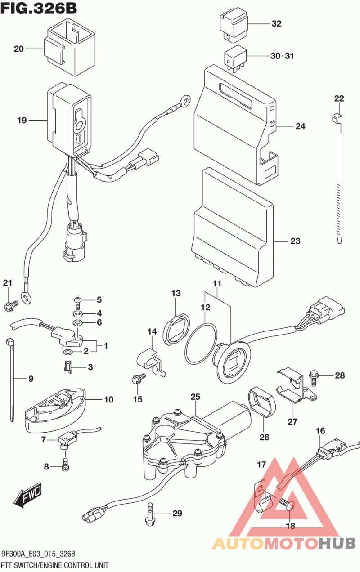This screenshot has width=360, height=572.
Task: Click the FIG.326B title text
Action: pyautogui.click(x=39, y=8)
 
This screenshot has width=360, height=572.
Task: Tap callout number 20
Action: pyautogui.click(x=18, y=49)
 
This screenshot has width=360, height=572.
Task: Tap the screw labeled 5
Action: pyautogui.click(x=77, y=300)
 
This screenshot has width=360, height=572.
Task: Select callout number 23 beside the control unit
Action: pyautogui.click(x=295, y=241)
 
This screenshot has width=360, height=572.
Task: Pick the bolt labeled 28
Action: pyautogui.click(x=315, y=375)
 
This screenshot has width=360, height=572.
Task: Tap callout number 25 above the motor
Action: pyautogui.click(x=195, y=397)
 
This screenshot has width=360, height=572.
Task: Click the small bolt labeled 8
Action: pyautogui.click(x=65, y=466)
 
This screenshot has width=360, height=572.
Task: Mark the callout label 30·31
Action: pyautogui.click(x=282, y=56)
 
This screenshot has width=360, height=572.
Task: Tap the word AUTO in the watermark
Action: pyautogui.click(x=236, y=543)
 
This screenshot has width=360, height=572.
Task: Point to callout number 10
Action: pyautogui.click(x=108, y=399)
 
